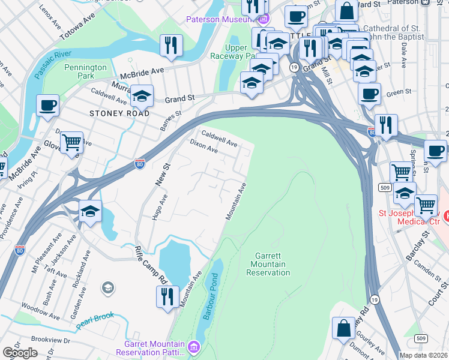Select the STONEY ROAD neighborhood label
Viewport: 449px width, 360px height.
pyautogui.click(x=119, y=113)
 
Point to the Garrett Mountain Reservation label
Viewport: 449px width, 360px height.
pyautogui.click(x=268, y=264)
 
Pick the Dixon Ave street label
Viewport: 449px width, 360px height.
pyautogui.click(x=203, y=147)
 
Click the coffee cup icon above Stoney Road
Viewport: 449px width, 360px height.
pyautogui.click(x=47, y=105)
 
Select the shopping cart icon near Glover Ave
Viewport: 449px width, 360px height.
pyautogui.click(x=71, y=142)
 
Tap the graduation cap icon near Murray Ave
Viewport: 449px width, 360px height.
pyautogui.click(x=142, y=95)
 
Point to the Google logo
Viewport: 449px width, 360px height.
pyautogui.click(x=20, y=353)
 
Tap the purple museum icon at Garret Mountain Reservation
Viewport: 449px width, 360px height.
pyautogui.click(x=193, y=347)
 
